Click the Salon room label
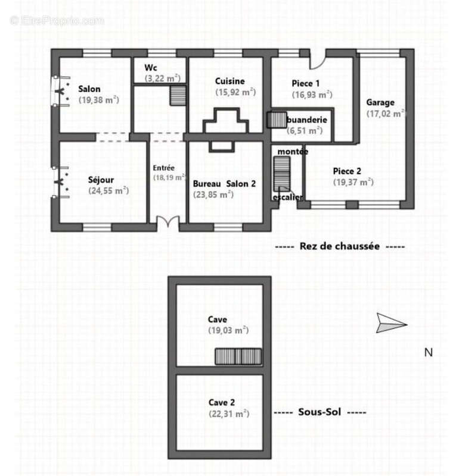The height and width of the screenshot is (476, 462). [89, 89]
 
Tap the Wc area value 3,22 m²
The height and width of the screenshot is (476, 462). [163, 78]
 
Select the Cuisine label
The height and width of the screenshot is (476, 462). [230, 81]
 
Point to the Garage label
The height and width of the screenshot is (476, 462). [380, 102]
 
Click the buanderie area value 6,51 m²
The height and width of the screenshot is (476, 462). [305, 130]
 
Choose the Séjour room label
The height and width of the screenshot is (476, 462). [101, 180]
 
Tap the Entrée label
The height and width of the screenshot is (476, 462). [163, 168]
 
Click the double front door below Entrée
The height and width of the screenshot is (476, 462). [168, 221]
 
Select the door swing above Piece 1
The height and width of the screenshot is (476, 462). [318, 62]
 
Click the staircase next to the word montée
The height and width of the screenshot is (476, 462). [281, 174]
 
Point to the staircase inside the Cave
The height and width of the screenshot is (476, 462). [238, 356]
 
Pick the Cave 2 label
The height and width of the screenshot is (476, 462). [221, 403]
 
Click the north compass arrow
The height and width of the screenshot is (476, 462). [392, 323]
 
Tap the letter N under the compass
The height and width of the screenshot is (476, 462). [429, 352]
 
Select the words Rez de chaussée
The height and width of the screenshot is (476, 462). [339, 246]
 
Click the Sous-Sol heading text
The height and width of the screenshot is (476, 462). [320, 412]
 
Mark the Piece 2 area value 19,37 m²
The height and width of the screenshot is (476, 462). [353, 182]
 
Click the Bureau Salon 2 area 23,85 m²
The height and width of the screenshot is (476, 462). [213, 195]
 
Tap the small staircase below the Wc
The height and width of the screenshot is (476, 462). [178, 96]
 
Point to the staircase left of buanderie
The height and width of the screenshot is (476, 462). [277, 120]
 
